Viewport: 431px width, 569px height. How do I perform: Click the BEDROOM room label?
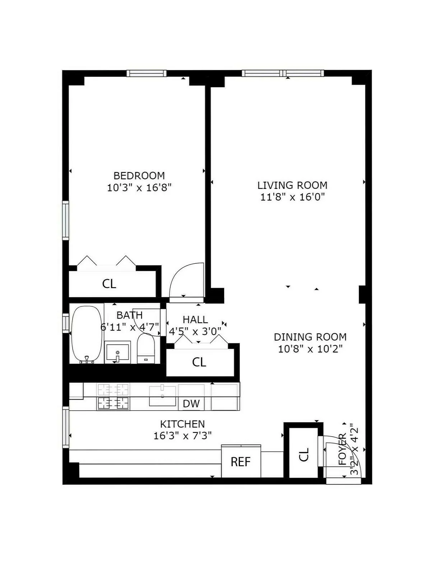coord(139,176)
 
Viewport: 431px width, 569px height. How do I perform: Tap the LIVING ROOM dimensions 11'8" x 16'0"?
coord(292,197)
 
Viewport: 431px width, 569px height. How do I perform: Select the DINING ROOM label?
coord(310,337)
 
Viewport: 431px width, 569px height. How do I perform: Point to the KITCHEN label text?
coord(182,424)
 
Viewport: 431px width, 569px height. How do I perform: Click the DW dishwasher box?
coord(191,403)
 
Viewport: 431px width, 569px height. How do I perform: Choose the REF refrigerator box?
coord(241,462)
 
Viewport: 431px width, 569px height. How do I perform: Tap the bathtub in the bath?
coord(86,334)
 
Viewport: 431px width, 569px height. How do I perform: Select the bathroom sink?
coord(117,352)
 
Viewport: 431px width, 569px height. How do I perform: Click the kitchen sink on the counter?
coord(162,396)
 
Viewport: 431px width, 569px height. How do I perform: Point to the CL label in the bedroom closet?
coord(109,284)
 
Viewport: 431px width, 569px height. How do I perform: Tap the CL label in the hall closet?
coord(199,362)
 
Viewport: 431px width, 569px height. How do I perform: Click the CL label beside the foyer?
coord(304,454)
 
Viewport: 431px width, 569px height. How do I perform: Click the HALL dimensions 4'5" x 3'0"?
coord(195,331)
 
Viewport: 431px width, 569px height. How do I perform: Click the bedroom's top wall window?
coord(147,73)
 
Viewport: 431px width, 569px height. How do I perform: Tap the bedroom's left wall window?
coord(65,220)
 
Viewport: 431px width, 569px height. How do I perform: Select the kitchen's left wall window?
coord(66,427)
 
